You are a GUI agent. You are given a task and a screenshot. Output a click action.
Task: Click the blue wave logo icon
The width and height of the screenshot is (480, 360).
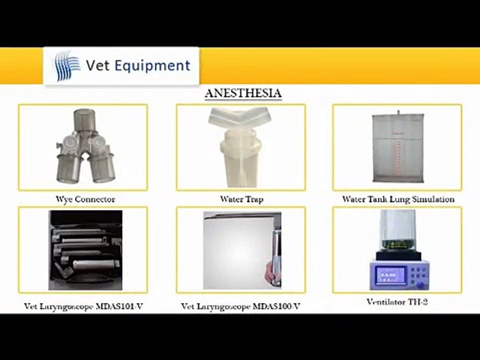67,65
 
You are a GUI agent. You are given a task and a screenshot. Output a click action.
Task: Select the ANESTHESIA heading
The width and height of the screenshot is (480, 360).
243,93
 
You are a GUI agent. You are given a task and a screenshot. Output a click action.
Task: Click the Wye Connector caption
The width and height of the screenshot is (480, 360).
85,199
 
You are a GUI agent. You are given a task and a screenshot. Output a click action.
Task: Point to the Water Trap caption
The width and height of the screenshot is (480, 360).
241,199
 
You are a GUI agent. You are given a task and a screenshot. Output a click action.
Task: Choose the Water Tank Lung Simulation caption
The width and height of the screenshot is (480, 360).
398,199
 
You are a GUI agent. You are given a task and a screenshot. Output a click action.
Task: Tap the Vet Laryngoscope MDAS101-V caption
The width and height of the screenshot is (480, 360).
83,306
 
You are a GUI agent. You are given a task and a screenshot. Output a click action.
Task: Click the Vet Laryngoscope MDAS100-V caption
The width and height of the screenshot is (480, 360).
241,306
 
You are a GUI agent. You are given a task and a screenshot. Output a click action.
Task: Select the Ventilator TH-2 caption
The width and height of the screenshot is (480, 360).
397,302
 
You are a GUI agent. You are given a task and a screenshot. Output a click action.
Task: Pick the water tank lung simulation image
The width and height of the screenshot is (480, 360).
397,148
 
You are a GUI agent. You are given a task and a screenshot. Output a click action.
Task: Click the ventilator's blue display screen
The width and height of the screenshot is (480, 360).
390,275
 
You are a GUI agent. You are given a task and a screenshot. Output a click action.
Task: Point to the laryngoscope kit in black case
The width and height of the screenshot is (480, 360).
85,250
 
